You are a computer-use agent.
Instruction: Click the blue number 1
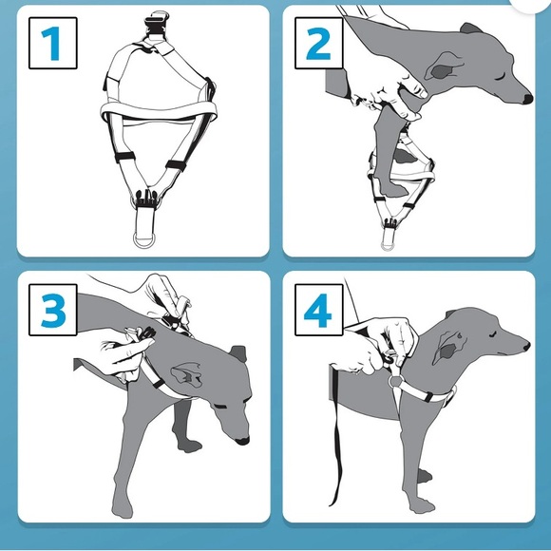51,44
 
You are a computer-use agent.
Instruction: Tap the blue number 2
318,43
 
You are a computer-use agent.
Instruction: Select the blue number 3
53,311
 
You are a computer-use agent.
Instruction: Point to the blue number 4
317,311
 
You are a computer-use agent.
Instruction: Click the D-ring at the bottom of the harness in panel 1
144,240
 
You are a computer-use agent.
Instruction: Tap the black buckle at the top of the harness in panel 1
157,24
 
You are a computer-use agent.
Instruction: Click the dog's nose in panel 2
527,99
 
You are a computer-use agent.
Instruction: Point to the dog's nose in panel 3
242,441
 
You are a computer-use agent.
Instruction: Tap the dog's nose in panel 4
526,347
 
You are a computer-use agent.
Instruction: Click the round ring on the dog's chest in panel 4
396,381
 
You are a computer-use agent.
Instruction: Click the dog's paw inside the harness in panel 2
390,186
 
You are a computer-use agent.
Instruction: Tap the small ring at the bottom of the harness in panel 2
388,246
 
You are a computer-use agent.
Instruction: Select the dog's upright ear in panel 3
238,353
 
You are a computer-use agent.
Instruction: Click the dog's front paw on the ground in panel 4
422,506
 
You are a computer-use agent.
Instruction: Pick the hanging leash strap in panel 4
336,436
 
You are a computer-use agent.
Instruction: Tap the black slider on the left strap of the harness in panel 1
124,157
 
